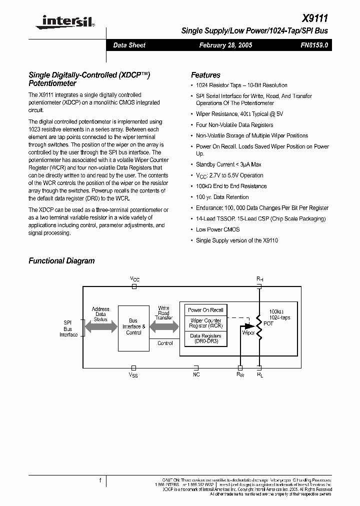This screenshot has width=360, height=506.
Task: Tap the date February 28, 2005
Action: click(x=225, y=45)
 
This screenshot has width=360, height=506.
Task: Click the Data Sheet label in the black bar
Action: click(x=129, y=45)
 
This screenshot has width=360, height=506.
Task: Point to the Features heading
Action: click(x=205, y=75)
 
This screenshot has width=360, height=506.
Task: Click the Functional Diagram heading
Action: click(x=61, y=260)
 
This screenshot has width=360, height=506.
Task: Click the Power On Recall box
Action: click(x=205, y=310)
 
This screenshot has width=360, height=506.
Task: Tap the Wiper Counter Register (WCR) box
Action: click(x=205, y=323)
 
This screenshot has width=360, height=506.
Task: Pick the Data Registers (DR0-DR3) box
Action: click(x=205, y=339)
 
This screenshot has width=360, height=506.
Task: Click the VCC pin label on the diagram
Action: click(x=134, y=278)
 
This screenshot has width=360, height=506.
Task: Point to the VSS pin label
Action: click(x=133, y=374)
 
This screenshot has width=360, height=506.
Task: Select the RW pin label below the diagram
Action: click(x=240, y=374)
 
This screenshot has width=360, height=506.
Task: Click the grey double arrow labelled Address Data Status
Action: click(x=100, y=327)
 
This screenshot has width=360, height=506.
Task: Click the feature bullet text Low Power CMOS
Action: click(x=217, y=229)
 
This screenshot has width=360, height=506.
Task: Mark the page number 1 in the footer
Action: click(x=100, y=480)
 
